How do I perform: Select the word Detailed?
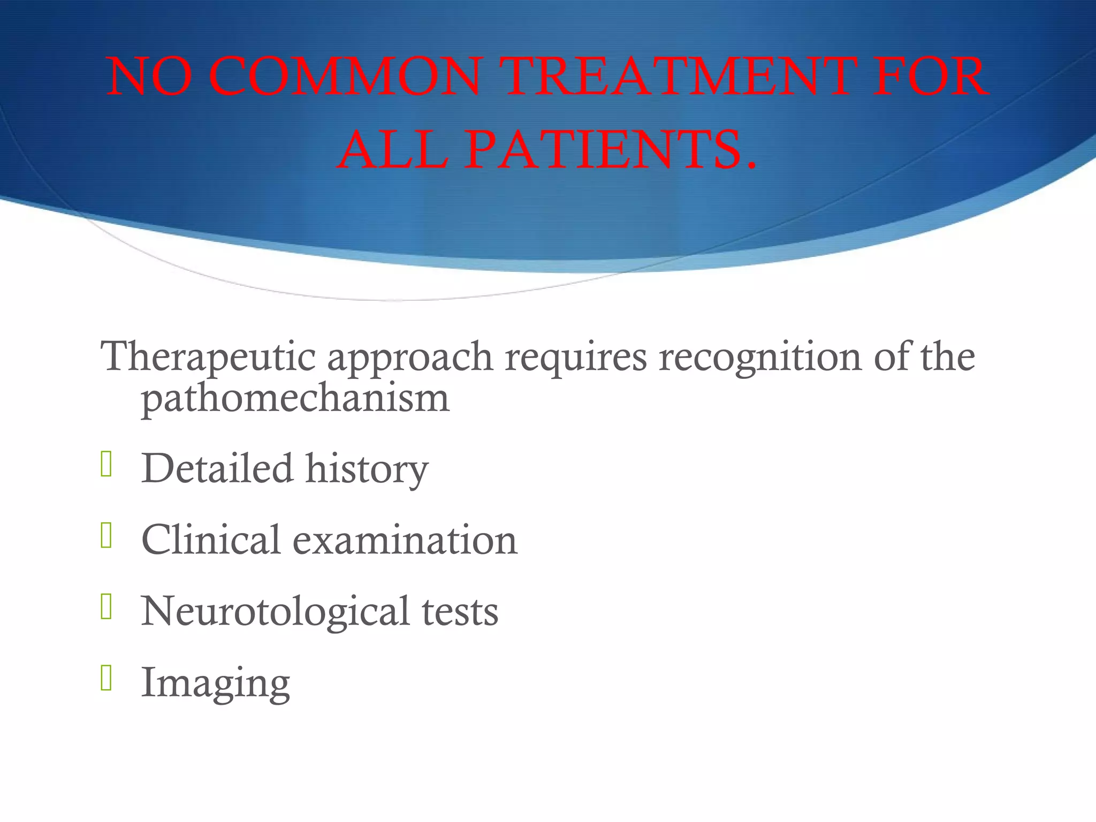pyautogui.click(x=217, y=468)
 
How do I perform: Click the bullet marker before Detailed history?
pyautogui.click(x=106, y=464)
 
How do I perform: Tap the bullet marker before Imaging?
pyautogui.click(x=106, y=678)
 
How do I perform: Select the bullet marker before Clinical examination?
pyautogui.click(x=106, y=535)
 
